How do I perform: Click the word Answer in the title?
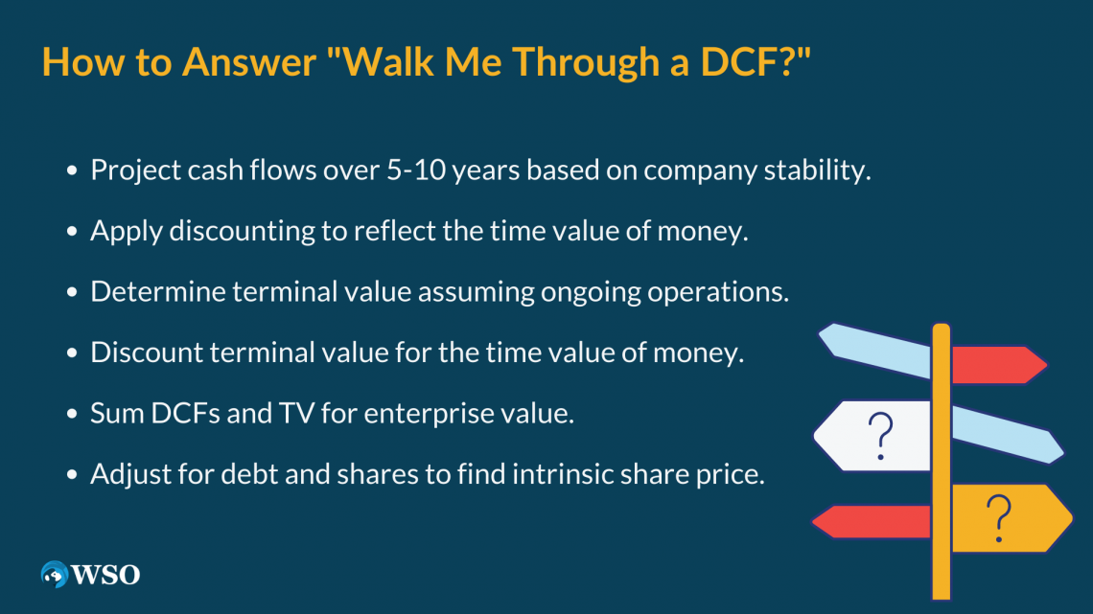click(249, 61)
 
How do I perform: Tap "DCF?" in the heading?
click(756, 61)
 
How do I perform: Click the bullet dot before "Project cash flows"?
click(72, 171)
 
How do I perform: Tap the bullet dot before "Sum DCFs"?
click(72, 414)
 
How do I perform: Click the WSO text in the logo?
click(106, 575)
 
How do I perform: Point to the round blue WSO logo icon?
click(55, 575)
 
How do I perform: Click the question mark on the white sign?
click(881, 436)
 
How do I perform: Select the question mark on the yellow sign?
click(999, 518)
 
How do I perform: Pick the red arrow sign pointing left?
click(872, 521)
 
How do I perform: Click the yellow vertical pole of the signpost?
click(942, 461)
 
